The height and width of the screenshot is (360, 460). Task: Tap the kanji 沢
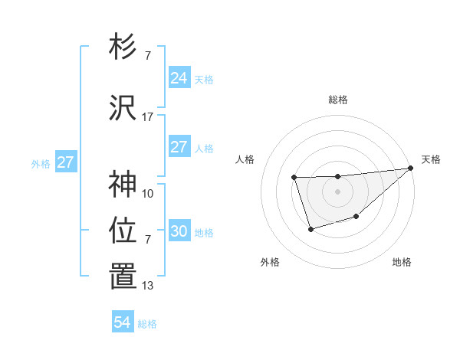123,108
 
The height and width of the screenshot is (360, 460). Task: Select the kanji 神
123,184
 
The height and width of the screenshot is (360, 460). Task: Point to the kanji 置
123,277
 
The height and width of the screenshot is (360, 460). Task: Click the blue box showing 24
179,77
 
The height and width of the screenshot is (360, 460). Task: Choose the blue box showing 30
179,231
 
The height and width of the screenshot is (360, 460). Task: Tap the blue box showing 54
122,322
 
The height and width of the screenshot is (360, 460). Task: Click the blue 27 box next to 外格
65,162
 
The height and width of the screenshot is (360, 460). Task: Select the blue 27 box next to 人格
179,147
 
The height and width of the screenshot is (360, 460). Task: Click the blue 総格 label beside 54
147,324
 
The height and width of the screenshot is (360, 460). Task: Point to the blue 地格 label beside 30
204,233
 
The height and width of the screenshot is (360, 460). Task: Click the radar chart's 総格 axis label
337,100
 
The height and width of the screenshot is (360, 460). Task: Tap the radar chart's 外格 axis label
270,263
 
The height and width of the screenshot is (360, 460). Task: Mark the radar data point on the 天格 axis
410,169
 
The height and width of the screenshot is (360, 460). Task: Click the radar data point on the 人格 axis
294,178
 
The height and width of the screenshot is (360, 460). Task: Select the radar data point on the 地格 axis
356,218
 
